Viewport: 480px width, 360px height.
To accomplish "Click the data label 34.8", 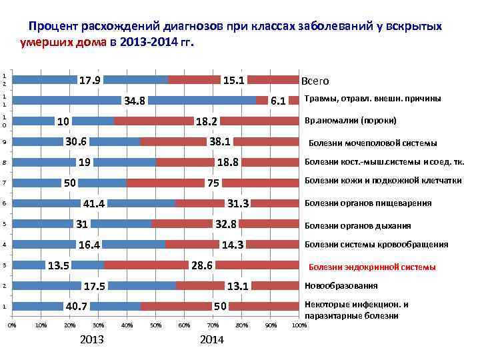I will pos(135,101).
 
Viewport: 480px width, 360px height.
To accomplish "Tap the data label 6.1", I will pos(279,101).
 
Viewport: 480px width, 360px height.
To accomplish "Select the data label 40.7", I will pos(77,307).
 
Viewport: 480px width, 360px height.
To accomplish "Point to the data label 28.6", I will pos(202,266).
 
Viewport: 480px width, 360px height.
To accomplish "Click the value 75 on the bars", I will pos(213,183).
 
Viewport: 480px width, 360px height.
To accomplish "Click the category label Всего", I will pos(315,81).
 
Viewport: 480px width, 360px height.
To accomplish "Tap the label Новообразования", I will pos(341,286).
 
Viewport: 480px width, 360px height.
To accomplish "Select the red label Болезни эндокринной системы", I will pos(372,267).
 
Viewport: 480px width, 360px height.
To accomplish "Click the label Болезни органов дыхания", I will pos(357,225).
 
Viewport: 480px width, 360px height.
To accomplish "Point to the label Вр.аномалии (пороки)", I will pos(350,121).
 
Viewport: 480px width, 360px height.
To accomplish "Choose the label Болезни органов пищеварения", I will pos(367,203).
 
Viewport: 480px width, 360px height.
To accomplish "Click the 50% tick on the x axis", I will pos(155,325).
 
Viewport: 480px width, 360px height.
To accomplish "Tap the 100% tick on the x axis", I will pos(299,325).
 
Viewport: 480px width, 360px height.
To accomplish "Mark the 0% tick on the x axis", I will pos(11,325).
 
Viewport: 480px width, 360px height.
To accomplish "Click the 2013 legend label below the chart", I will pos(91,341).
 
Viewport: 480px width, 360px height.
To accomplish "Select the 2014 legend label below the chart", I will pos(211,341).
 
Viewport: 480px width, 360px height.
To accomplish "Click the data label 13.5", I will pos(59,266).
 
